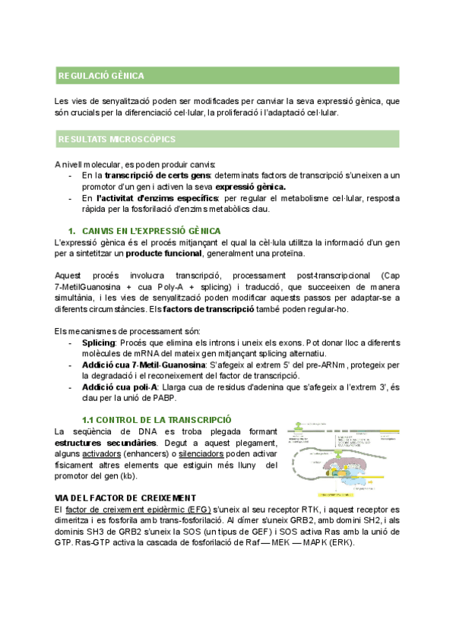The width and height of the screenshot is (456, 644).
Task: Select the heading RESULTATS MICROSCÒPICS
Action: (x=117, y=139)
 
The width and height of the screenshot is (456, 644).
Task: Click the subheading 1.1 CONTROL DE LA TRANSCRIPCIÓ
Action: (x=157, y=420)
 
